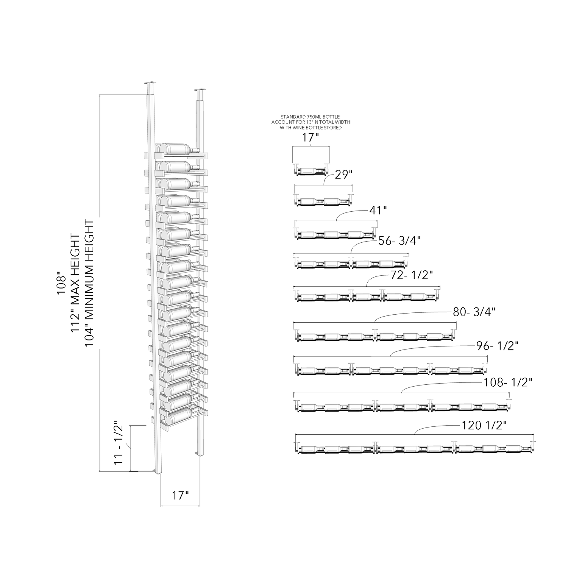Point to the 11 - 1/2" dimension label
119,444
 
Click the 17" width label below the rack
180,495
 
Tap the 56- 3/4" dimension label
400,240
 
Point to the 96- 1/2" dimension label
497,346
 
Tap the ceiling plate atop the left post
151,83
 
